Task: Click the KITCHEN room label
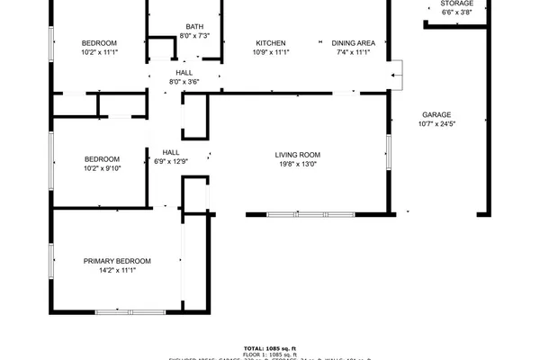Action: (x=271, y=43)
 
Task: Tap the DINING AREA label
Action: (x=354, y=43)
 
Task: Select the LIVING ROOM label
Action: (x=298, y=155)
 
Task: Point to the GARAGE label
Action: (x=436, y=114)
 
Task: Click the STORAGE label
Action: (x=457, y=4)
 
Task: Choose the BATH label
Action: (x=194, y=26)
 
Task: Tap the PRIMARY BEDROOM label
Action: (x=117, y=261)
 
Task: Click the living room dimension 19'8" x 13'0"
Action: (x=297, y=165)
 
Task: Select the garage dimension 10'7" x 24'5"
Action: (x=437, y=124)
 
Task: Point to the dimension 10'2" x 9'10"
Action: (x=102, y=168)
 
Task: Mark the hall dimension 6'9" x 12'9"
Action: (x=171, y=162)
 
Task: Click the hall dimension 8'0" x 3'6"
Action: (x=184, y=82)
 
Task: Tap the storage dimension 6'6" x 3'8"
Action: (x=457, y=13)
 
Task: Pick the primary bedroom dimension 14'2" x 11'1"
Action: (x=117, y=271)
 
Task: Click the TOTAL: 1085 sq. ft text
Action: (x=270, y=348)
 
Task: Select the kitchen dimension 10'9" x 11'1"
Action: (x=271, y=53)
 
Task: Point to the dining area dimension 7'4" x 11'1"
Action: (x=354, y=53)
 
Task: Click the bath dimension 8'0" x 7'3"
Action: (x=194, y=36)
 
